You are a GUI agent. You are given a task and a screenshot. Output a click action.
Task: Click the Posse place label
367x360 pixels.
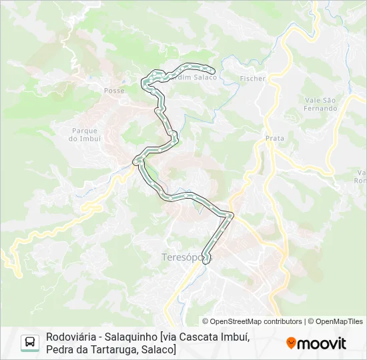(114, 89)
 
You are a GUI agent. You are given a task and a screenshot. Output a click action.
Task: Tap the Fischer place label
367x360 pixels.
(252, 79)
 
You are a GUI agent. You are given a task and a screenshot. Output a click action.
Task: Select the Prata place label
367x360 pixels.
(274, 138)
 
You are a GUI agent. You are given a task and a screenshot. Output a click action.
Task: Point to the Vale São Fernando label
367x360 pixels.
(321, 103)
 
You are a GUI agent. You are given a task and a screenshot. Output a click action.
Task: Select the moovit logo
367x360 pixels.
(316, 343)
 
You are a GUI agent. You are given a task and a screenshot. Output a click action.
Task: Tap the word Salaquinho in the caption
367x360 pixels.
(136, 337)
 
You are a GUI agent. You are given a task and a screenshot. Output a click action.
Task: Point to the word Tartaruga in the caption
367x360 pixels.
(109, 349)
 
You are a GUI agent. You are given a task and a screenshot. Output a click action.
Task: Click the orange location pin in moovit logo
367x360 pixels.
(291, 343)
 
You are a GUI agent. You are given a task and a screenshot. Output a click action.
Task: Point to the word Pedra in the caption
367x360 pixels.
(59, 349)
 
